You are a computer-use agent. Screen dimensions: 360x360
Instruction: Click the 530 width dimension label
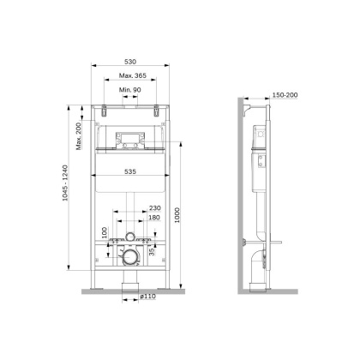130,63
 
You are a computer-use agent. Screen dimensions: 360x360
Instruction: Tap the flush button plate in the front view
130,139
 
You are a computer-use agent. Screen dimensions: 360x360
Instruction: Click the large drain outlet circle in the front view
129,255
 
